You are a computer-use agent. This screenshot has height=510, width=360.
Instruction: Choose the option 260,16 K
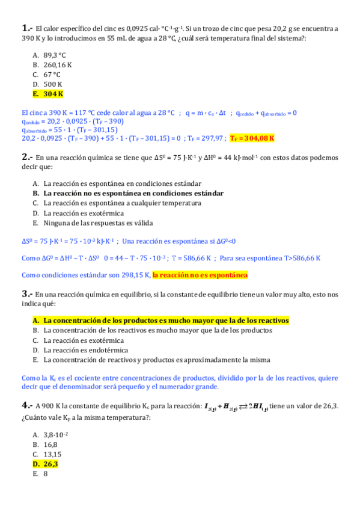(58, 64)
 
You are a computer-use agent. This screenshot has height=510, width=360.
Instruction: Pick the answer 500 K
(53, 84)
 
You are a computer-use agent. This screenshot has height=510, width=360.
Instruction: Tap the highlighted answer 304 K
(53, 94)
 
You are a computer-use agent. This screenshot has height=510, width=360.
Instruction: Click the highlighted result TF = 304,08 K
(252, 138)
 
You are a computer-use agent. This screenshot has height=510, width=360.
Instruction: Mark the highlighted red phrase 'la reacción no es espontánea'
(200, 275)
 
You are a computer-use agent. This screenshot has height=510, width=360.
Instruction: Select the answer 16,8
(50, 444)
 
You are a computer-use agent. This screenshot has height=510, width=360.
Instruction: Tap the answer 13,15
(52, 454)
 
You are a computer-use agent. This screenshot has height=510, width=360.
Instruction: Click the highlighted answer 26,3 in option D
(50, 464)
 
